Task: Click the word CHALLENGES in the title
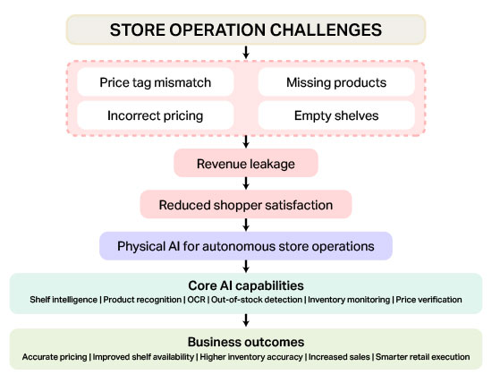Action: click(326, 30)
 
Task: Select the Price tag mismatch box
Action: click(156, 82)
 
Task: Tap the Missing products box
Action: click(336, 82)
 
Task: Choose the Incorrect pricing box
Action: click(156, 115)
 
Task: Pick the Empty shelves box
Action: click(336, 115)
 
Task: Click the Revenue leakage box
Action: click(246, 163)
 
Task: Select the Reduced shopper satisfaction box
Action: click(246, 204)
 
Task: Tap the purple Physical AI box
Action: click(246, 246)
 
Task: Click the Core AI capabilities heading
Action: click(246, 285)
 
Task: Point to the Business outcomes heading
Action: click(246, 342)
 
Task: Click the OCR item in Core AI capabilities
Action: click(197, 300)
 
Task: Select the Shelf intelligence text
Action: click(64, 300)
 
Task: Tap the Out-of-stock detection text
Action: click(257, 300)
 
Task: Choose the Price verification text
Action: click(428, 300)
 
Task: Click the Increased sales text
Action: click(339, 357)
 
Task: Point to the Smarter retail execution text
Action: click(422, 357)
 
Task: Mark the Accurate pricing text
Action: click(55, 357)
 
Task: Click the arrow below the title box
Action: click(246, 52)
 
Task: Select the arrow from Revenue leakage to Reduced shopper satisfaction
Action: click(246, 183)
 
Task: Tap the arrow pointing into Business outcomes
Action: click(246, 320)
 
